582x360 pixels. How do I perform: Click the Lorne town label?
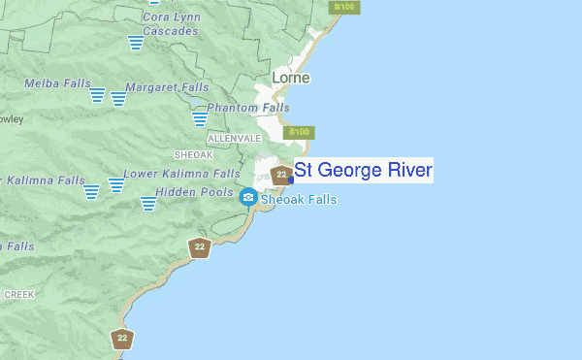290,77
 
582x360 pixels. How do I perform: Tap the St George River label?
364,172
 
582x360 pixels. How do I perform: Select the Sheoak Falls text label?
299,200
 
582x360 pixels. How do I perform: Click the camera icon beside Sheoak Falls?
248,198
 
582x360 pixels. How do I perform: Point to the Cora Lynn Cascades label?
170,23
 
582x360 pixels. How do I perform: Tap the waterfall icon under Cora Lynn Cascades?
135,43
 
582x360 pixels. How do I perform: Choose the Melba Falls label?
58,83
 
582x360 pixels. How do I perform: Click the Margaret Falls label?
166,87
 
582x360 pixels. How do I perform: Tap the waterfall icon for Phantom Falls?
200,118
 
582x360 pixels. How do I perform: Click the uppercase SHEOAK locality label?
192,154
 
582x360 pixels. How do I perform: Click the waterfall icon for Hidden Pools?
148,203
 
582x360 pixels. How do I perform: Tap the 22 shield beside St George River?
281,175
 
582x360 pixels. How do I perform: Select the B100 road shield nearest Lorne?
300,132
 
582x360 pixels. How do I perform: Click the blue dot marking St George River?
291,179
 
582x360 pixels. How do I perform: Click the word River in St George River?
408,172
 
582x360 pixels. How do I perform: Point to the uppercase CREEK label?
19,293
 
